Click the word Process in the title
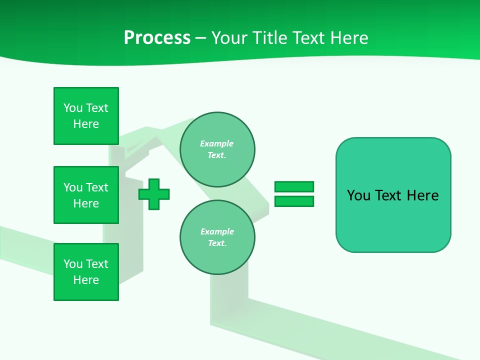(x=157, y=38)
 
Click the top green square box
(x=86, y=116)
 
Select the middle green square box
(x=86, y=195)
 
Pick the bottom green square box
(x=86, y=272)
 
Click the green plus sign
(x=154, y=194)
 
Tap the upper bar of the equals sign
(x=294, y=186)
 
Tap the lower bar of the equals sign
(x=294, y=201)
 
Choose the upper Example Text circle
(x=217, y=149)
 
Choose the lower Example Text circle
(x=217, y=237)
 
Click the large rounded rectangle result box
(x=393, y=220)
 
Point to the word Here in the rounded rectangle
(x=422, y=195)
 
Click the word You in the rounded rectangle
(x=358, y=195)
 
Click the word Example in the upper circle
(x=217, y=143)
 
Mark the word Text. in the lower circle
(x=217, y=243)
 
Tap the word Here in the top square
(x=86, y=124)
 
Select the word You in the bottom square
(x=73, y=264)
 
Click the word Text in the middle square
(x=97, y=187)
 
